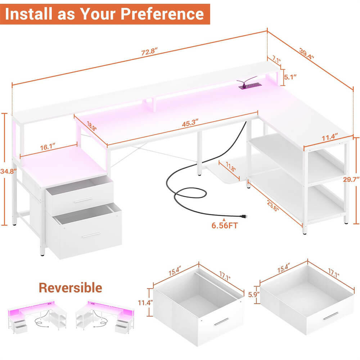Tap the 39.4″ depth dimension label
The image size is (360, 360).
[307, 53]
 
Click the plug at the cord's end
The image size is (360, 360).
[245, 216]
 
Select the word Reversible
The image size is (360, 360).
[70, 288]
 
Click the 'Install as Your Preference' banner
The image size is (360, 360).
[105, 14]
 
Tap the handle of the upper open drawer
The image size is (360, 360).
[84, 200]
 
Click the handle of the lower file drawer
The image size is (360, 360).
[91, 235]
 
